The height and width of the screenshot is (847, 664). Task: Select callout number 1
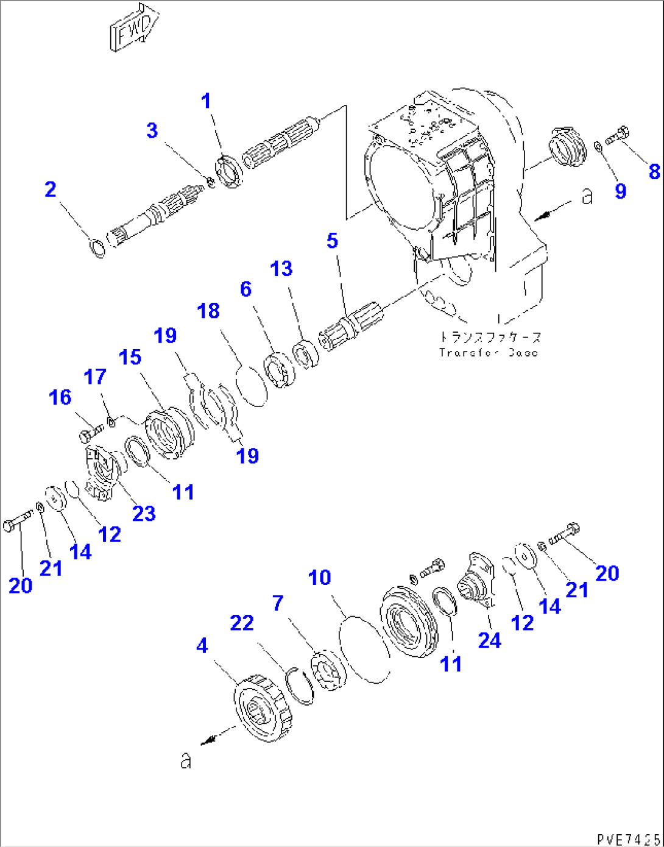206,101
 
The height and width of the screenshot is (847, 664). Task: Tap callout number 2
51,190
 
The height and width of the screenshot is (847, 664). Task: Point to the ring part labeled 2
97,248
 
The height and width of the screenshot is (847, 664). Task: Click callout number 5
332,241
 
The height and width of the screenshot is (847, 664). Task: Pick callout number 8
654,171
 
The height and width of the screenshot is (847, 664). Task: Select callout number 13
281,269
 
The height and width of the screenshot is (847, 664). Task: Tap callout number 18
208,311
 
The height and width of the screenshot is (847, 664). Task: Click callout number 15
130,358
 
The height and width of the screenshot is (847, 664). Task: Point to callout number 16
60,397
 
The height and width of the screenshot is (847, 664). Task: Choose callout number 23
144,514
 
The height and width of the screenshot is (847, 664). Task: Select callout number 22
241,623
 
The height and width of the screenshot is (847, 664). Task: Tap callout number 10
320,578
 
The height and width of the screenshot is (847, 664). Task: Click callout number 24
489,640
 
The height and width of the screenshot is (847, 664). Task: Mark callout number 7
278,603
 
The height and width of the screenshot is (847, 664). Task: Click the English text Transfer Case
489,352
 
